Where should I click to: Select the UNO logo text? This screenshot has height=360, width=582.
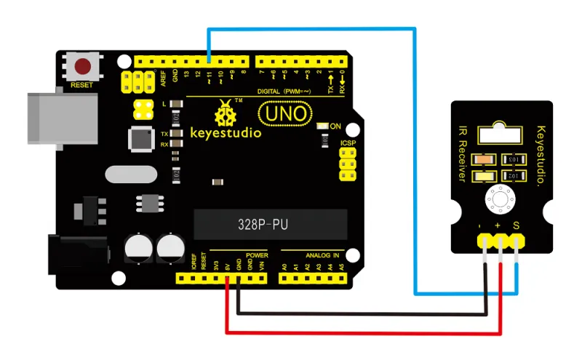(285, 114)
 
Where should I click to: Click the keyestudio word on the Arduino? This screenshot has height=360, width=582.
(226, 133)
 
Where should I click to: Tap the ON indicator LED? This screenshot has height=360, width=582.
(324, 126)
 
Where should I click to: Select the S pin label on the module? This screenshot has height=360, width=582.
(516, 228)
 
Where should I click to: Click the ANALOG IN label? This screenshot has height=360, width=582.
(323, 256)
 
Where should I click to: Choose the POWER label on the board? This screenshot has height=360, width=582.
(257, 256)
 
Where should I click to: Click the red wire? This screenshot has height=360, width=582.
(364, 334)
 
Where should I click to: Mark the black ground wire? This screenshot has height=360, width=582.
(364, 315)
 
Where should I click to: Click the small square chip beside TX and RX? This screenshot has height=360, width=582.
(139, 139)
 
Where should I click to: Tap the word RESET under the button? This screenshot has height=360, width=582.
(81, 85)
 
